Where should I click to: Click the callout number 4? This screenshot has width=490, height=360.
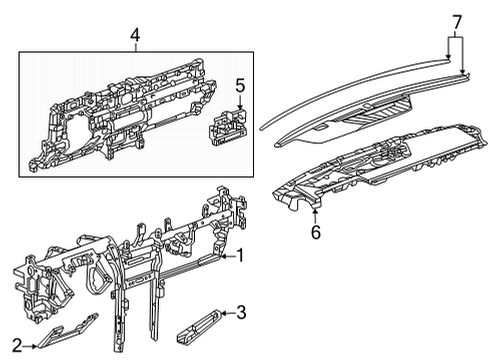(135, 38)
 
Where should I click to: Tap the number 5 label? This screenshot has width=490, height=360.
(239, 87)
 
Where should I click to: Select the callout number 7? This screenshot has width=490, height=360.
(455, 20)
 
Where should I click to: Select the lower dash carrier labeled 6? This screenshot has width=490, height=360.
(370, 165)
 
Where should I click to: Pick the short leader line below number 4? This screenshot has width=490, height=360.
(135, 50)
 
